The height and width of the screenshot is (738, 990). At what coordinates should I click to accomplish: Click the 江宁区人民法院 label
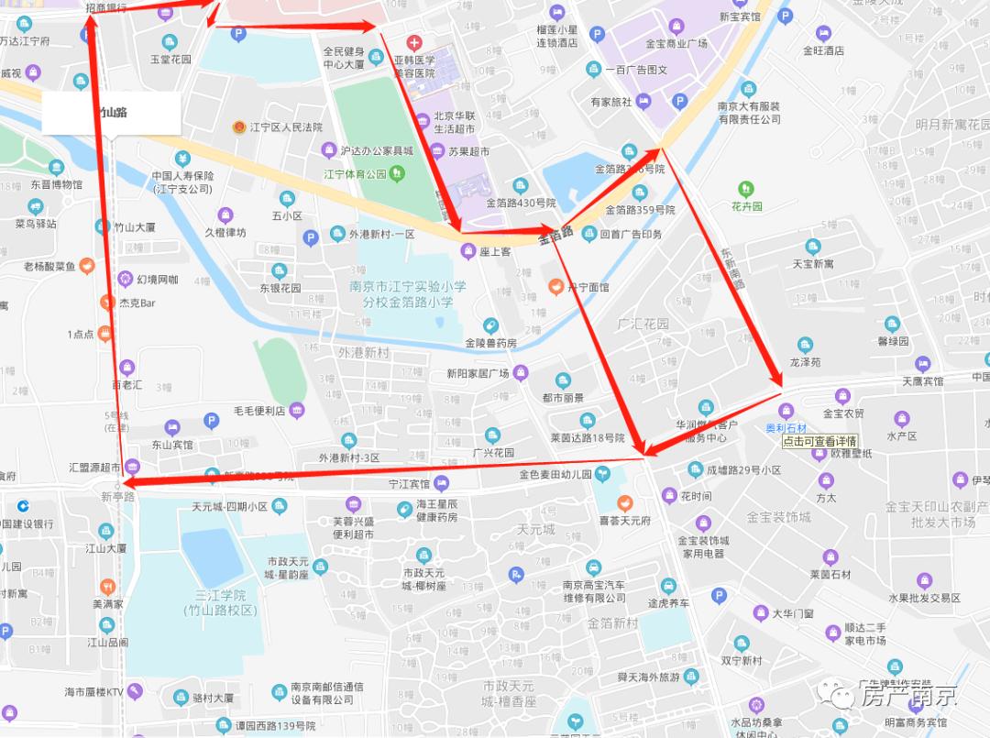286,127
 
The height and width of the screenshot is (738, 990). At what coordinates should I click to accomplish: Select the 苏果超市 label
468,152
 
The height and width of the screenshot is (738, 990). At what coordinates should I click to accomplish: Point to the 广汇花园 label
643,324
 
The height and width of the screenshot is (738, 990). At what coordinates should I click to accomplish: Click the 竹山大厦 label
134,226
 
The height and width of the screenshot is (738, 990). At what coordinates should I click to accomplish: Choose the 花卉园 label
747,206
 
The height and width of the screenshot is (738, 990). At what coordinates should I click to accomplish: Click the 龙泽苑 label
805,362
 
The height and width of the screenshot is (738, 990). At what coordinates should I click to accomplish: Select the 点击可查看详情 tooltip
819,441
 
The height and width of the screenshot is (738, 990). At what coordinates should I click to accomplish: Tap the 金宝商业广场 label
676,43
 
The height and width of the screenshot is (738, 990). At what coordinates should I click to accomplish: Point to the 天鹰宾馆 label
922,380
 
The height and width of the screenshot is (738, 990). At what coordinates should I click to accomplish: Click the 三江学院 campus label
220,602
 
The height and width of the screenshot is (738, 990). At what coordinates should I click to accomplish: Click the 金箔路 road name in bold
555,234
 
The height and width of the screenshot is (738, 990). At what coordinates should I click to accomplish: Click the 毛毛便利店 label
258,410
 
